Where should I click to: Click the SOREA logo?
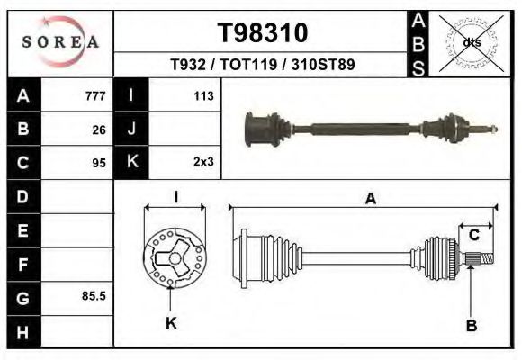[x=60, y=42]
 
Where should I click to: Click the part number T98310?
[x=263, y=33]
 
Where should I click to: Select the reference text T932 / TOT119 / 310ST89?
[x=263, y=66]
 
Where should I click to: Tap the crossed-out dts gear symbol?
[x=471, y=42]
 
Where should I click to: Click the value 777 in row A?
[x=95, y=96]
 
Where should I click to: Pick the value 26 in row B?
[x=99, y=130]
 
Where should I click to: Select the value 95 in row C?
[x=99, y=163]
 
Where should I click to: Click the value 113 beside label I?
[x=202, y=96]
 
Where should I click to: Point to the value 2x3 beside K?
[x=202, y=163]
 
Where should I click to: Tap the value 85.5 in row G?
[x=94, y=295]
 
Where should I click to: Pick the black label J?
[x=131, y=130]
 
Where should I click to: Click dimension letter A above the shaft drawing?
[x=370, y=200]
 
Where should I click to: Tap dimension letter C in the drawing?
[x=473, y=236]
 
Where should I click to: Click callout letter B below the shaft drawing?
[x=471, y=326]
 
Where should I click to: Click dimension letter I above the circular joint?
[x=175, y=197]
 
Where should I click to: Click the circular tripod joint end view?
[x=174, y=257]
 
